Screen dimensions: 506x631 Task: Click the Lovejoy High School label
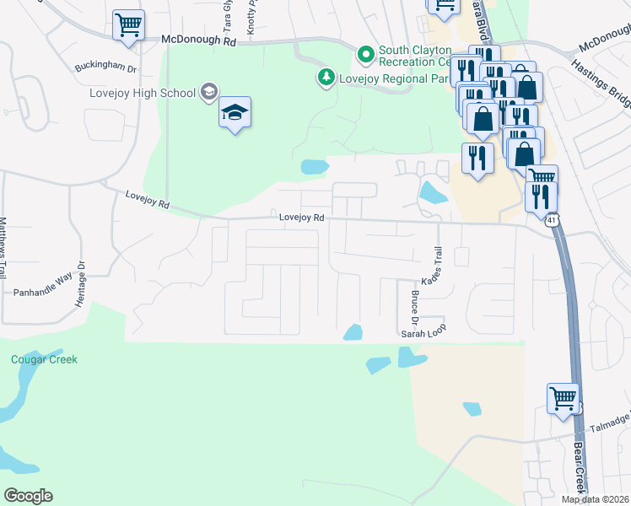coord(143,92)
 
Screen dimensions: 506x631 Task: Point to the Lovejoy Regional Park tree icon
coord(325,78)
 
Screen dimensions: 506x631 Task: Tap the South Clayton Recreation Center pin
coord(365,56)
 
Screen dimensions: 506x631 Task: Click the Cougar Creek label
coord(44,359)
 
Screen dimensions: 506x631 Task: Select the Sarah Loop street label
coord(423,334)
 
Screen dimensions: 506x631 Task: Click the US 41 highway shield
coord(549,220)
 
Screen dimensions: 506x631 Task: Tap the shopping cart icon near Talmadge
coord(563,397)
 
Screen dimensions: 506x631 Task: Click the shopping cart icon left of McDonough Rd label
coord(128,25)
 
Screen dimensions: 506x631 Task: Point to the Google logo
coord(28,496)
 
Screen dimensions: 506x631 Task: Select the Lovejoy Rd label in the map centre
coord(302,218)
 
